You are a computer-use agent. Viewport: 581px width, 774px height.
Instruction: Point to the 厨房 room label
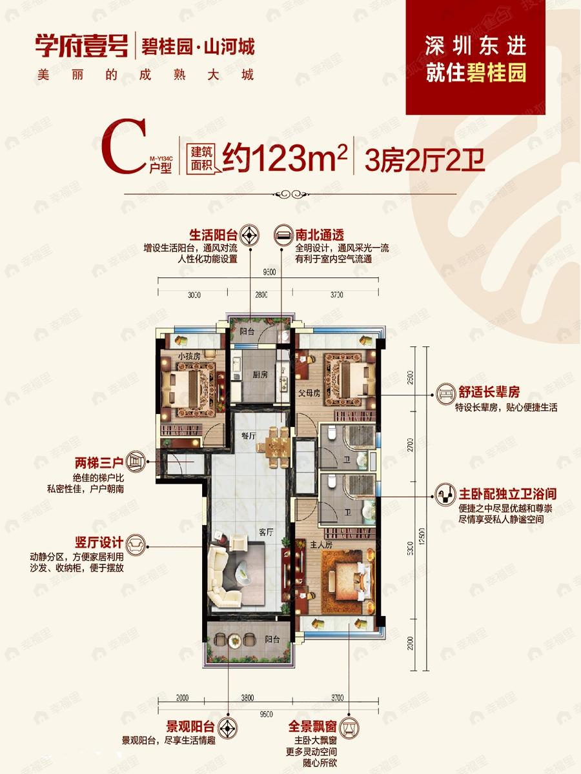click(x=260, y=374)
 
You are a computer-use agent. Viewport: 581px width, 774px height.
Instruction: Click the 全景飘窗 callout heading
click(x=315, y=726)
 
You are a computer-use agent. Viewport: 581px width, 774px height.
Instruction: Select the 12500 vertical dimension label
click(x=421, y=535)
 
